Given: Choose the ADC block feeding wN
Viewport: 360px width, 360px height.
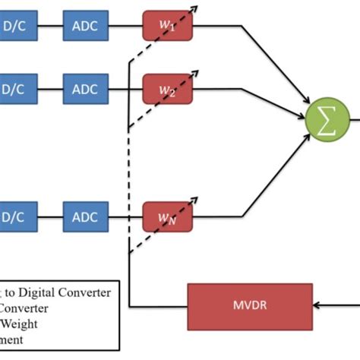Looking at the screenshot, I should click(x=85, y=216).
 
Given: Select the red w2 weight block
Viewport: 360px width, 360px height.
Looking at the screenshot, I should click(x=168, y=90).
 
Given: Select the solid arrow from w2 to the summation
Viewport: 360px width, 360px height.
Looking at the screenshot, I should click(x=251, y=101).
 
